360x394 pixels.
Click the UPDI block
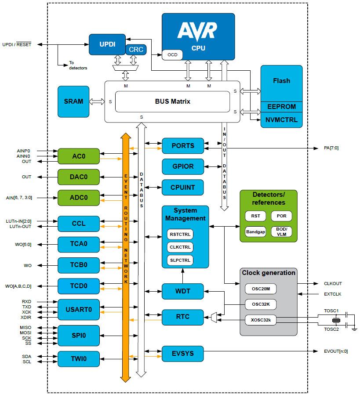(x=107, y=44)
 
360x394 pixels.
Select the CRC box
(x=136, y=50)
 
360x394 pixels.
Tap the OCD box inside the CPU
(x=172, y=55)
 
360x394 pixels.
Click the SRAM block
(x=73, y=101)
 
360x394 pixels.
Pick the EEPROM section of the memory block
(x=281, y=107)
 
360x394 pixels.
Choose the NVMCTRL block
(x=281, y=119)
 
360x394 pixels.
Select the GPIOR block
(x=183, y=167)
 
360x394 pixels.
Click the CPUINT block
(x=183, y=188)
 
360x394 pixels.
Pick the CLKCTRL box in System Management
(x=180, y=247)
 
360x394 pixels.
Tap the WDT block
(x=183, y=291)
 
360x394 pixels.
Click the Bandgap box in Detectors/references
(x=255, y=231)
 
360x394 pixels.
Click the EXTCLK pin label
(x=333, y=294)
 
